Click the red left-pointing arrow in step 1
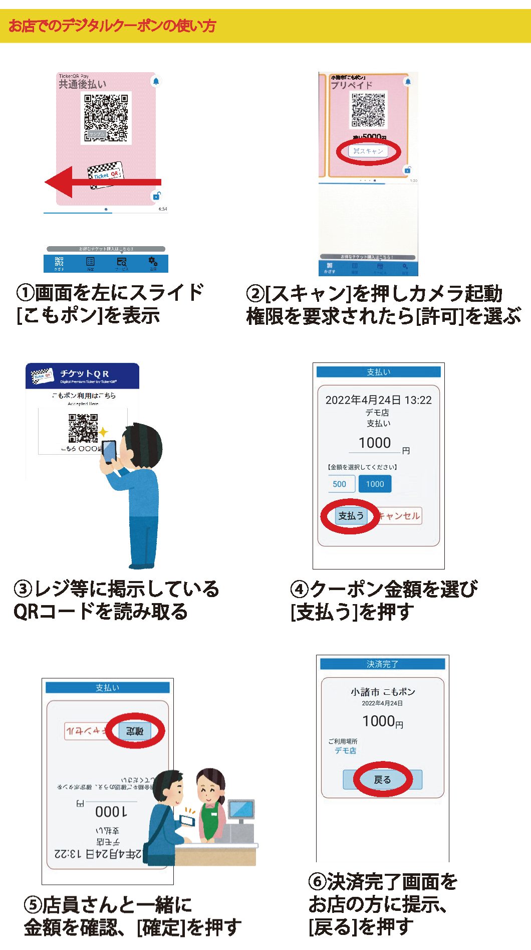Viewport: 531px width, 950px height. click(x=100, y=182)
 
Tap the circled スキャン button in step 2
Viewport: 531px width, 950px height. click(x=368, y=151)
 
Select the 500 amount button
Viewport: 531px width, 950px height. click(x=339, y=484)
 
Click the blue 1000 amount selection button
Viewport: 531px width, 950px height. click(x=375, y=484)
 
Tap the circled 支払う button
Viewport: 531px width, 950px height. click(x=351, y=516)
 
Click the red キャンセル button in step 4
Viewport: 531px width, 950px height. click(x=400, y=516)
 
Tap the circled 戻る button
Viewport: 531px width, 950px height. click(x=382, y=780)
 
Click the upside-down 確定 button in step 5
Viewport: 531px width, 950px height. click(x=134, y=731)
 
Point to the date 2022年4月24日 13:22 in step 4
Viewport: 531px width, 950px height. click(x=378, y=400)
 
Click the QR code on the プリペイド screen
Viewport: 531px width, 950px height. click(x=369, y=110)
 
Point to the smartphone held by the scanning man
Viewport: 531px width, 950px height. click(x=110, y=451)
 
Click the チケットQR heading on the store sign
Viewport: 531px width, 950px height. click(x=84, y=373)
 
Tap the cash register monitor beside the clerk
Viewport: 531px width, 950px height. click(x=241, y=810)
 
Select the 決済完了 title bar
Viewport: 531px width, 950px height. click(x=382, y=664)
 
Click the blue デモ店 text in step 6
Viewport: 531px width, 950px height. click(x=346, y=750)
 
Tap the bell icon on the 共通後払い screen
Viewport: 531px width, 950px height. click(x=156, y=81)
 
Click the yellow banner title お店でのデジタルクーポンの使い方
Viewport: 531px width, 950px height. click(x=112, y=26)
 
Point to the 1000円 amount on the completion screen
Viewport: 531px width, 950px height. click(x=382, y=721)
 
